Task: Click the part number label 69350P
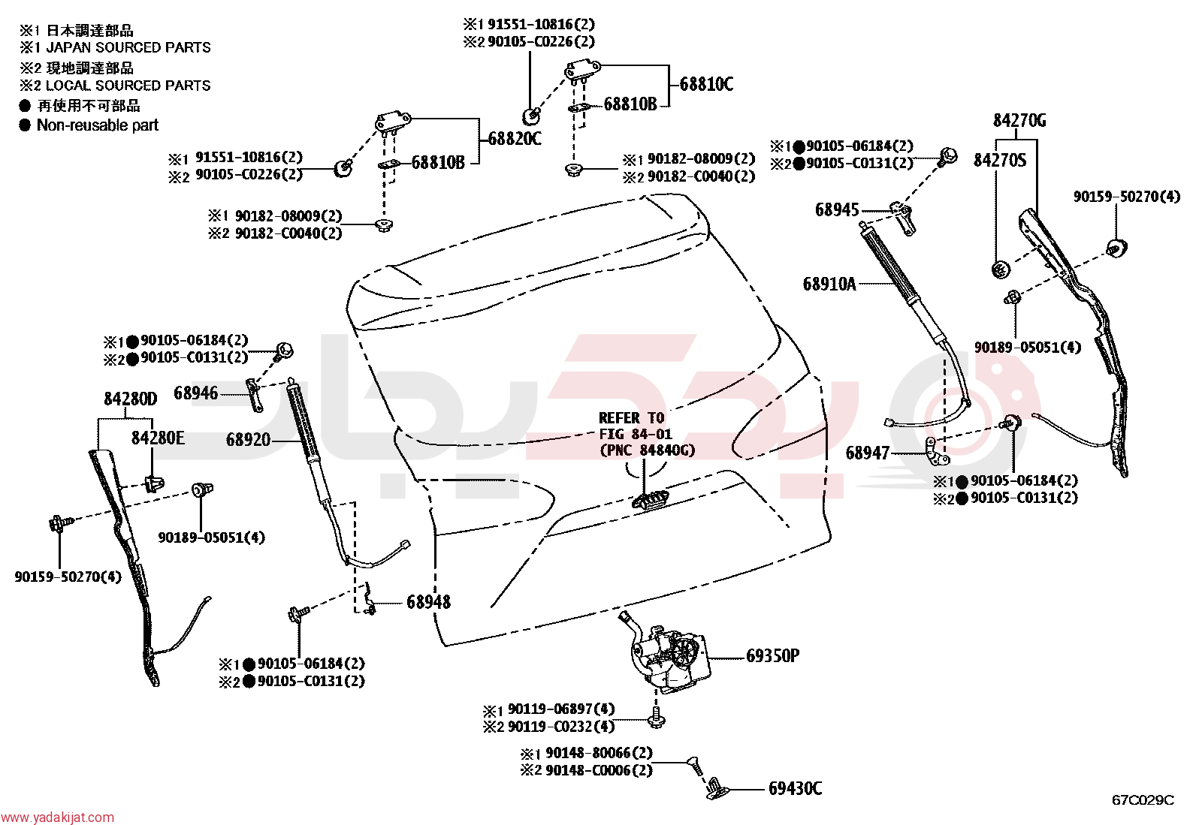tap(772, 655)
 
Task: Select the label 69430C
tap(795, 788)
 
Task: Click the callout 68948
tap(428, 602)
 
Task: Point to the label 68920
tap(248, 440)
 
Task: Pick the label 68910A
tap(829, 284)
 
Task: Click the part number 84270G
tap(1019, 121)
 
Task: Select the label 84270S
tap(999, 160)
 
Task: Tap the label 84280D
tap(131, 398)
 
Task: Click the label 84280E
tap(158, 438)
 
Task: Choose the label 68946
tap(196, 393)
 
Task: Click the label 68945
tap(837, 209)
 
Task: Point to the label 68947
tap(868, 453)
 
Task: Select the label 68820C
tap(515, 139)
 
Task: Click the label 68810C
tap(706, 84)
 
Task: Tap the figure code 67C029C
tap(1143, 800)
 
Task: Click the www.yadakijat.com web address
tap(58, 817)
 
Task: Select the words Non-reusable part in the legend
tap(98, 125)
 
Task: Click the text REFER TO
tap(632, 418)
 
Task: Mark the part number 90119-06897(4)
tap(561, 709)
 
